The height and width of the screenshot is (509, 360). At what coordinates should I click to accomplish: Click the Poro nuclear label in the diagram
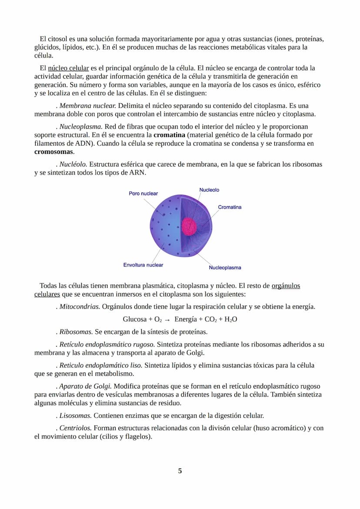click(143, 193)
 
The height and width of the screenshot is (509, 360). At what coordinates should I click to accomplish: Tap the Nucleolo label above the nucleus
click(209, 190)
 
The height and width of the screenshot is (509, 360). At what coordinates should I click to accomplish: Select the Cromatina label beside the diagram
click(230, 207)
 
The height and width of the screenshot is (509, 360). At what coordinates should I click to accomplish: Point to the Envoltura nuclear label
click(143, 265)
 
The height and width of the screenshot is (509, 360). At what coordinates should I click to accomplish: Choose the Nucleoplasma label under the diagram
click(225, 268)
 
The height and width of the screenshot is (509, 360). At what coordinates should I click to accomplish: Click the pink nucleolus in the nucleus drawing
click(190, 226)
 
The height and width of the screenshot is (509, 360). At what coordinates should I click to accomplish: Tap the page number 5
click(180, 471)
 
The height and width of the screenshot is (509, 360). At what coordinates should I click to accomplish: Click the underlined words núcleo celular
click(68, 68)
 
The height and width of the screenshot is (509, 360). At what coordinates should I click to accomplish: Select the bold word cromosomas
click(54, 152)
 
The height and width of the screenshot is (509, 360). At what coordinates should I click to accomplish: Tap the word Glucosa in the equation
click(134, 319)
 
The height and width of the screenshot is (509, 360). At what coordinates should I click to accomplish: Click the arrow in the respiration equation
click(167, 319)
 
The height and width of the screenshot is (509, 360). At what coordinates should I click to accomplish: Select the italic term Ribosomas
click(76, 332)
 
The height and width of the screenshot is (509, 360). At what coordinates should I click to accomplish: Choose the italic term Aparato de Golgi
click(85, 386)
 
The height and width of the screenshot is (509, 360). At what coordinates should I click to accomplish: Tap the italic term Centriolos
click(75, 428)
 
